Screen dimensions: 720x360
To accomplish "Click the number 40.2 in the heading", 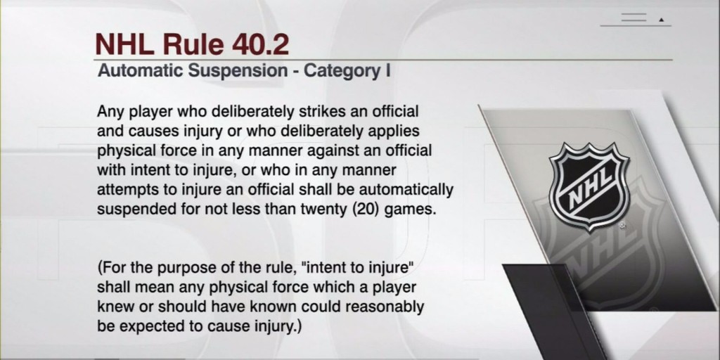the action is [260, 44].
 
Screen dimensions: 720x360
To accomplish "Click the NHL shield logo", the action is [589, 187].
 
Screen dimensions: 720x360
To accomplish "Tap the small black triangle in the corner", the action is [662, 20].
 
